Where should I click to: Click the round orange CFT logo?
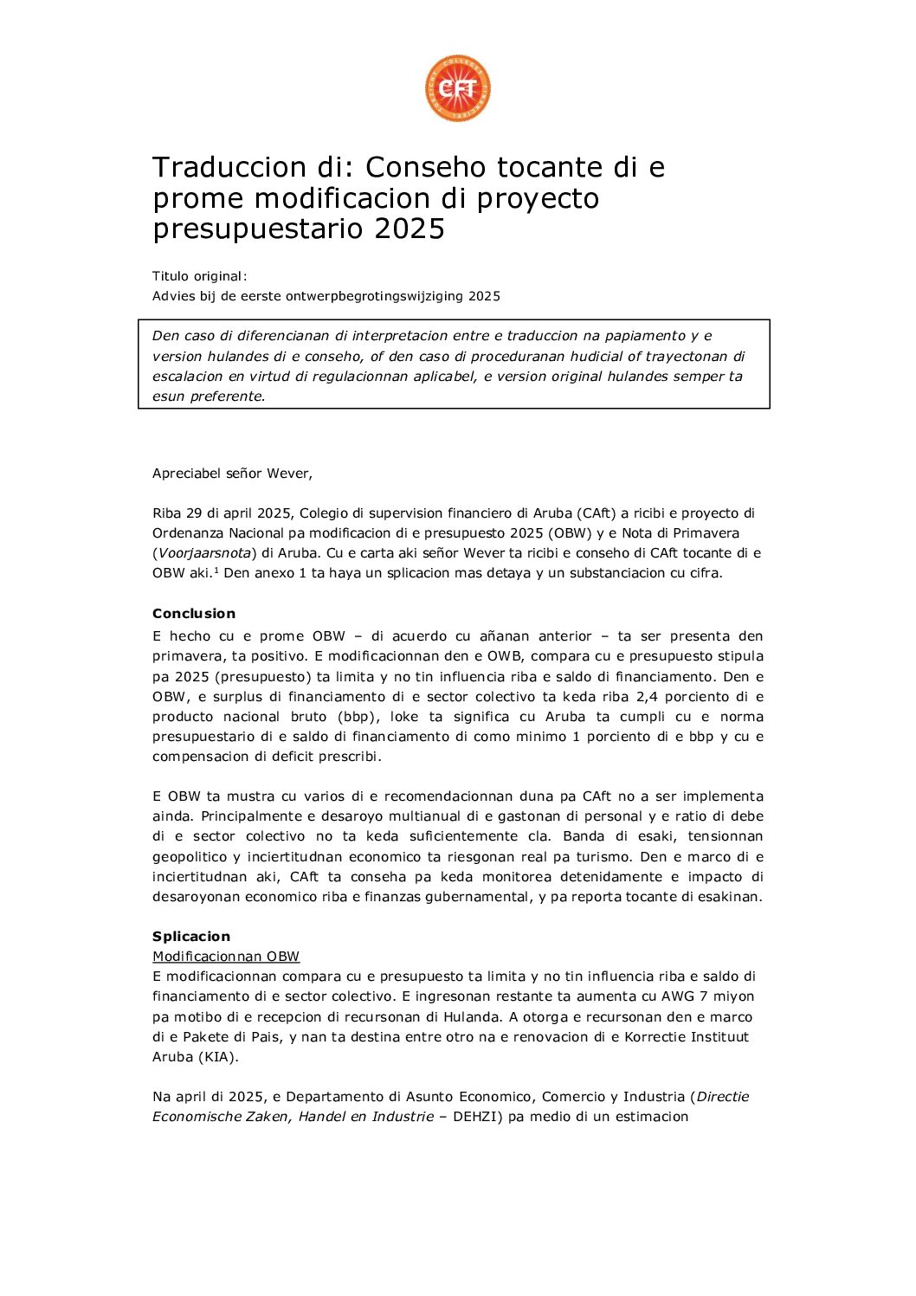(x=457, y=88)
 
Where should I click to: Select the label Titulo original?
(x=199, y=276)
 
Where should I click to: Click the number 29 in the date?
(x=194, y=513)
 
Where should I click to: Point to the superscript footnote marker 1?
(x=216, y=570)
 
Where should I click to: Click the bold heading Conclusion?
(x=194, y=614)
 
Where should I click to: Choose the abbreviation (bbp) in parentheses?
(x=355, y=717)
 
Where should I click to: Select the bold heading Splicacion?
(x=191, y=937)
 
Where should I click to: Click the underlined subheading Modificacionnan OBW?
(x=226, y=957)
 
